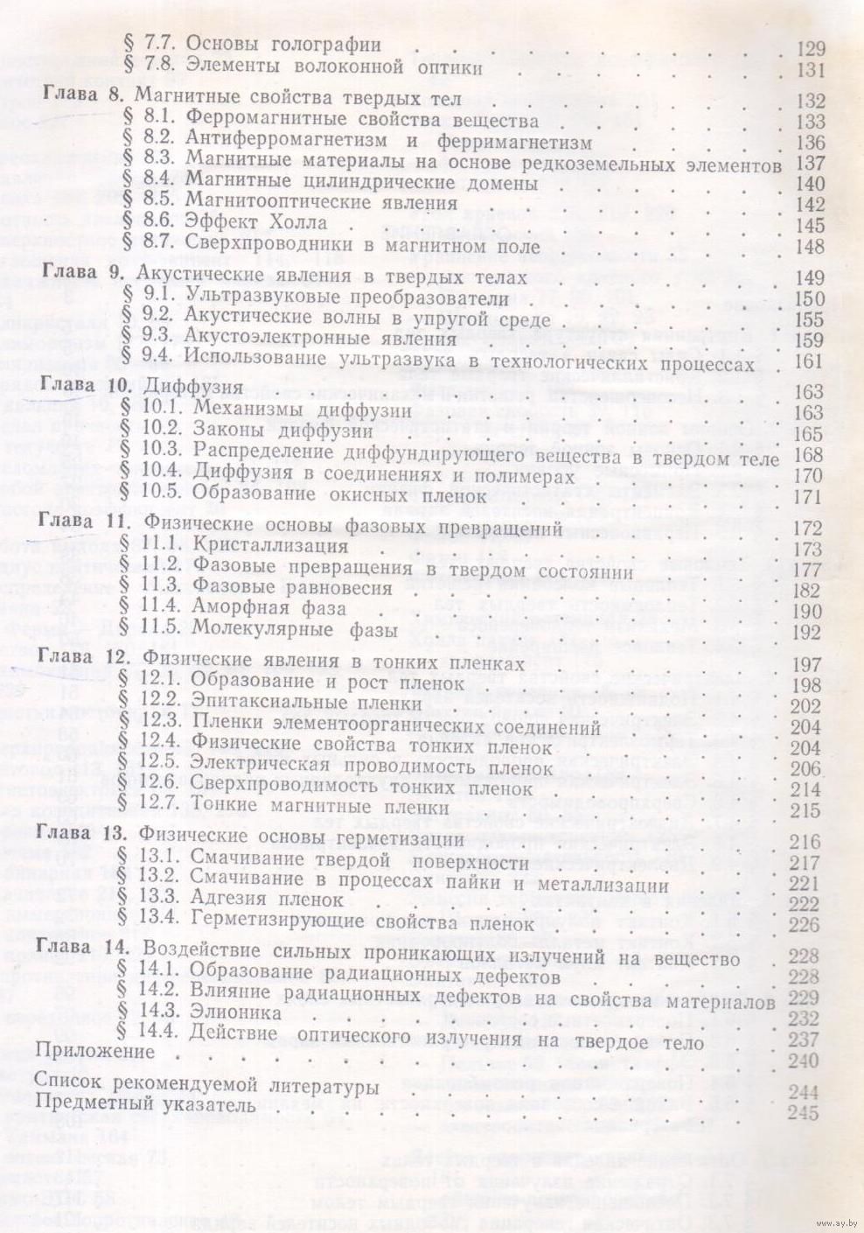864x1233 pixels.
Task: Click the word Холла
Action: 293,224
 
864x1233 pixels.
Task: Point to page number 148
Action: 811,247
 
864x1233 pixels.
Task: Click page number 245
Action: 803,1113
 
